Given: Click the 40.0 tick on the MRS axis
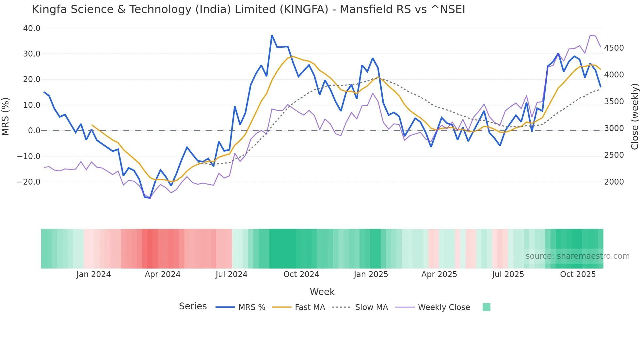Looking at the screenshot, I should pyautogui.click(x=32, y=28).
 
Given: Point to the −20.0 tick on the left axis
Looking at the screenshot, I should pyautogui.click(x=29, y=182).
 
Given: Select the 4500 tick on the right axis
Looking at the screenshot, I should pyautogui.click(x=614, y=48).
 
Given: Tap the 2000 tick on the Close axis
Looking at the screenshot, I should pyautogui.click(x=614, y=182).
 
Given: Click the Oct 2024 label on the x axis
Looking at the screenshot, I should pyautogui.click(x=301, y=274).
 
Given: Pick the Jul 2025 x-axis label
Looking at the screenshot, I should pyautogui.click(x=508, y=274).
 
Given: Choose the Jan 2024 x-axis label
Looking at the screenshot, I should pyautogui.click(x=93, y=274).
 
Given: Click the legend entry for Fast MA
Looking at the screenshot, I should pyautogui.click(x=310, y=307).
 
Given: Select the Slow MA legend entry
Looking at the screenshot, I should pyautogui.click(x=371, y=307).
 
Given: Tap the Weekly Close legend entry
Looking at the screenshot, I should pyautogui.click(x=444, y=307).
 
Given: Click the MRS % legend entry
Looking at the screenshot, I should pyautogui.click(x=251, y=307).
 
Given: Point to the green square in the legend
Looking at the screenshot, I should pyautogui.click(x=486, y=307).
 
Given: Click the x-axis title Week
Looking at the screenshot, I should pyautogui.click(x=322, y=292).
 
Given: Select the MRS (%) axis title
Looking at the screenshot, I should pyautogui.click(x=6, y=116).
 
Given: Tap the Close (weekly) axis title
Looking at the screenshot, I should pyautogui.click(x=634, y=116).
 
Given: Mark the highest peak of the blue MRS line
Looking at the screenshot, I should pyautogui.click(x=272, y=35).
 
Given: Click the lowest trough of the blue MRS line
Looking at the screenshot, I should pyautogui.click(x=150, y=198).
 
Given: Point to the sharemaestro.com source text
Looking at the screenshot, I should pyautogui.click(x=577, y=256).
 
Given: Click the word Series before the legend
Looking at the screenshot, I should pyautogui.click(x=193, y=306).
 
